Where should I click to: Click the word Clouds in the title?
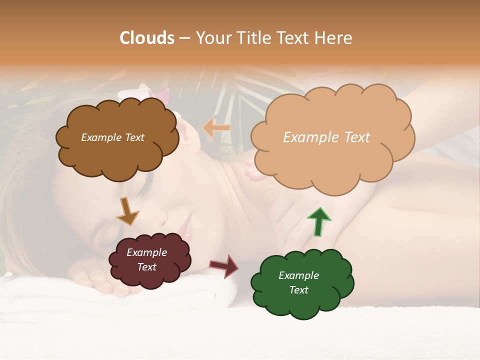click(x=147, y=38)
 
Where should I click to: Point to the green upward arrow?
click(x=318, y=221)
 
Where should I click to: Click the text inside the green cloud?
click(x=299, y=282)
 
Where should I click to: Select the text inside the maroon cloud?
click(x=147, y=259)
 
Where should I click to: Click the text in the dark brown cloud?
click(x=112, y=137)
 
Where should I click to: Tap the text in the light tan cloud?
click(x=326, y=137)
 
